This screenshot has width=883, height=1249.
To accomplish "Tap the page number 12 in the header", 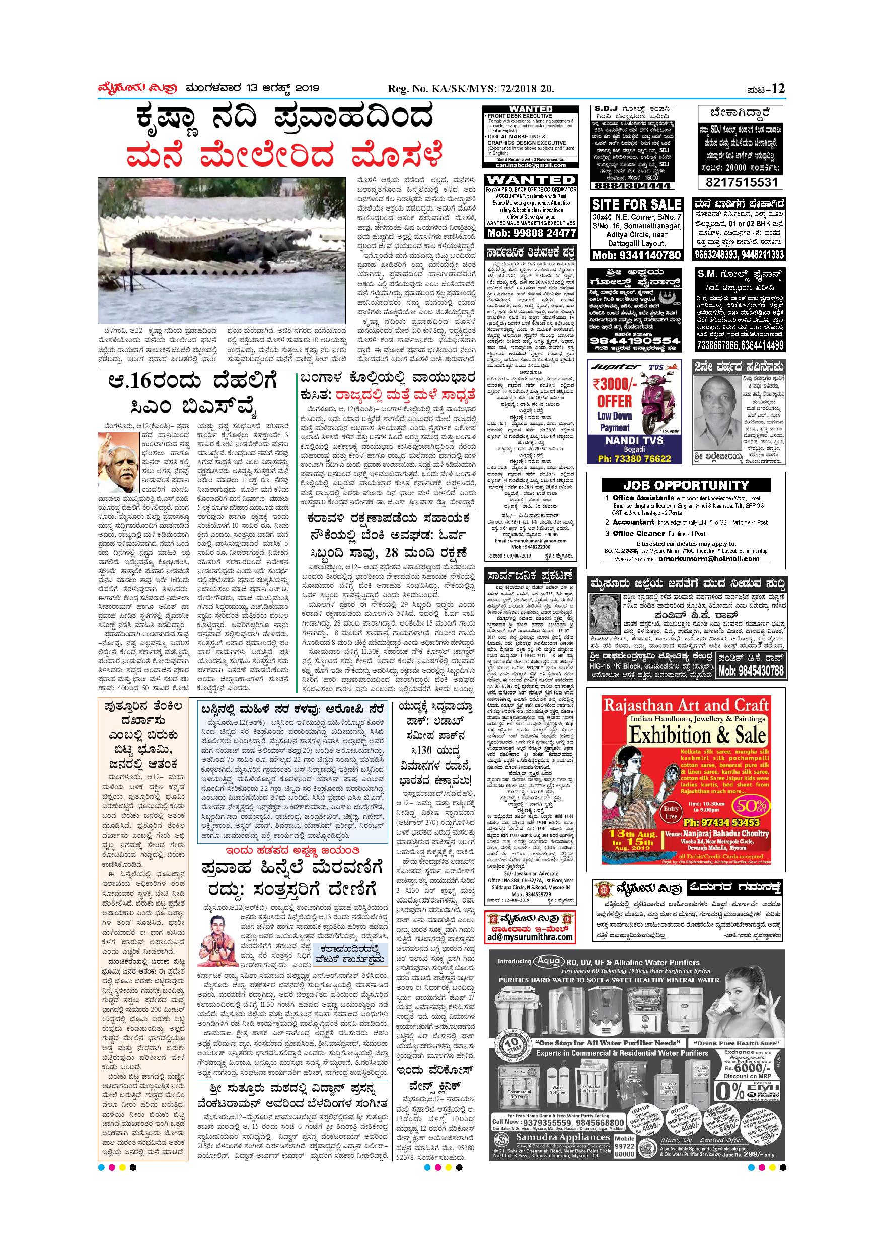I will (778, 89).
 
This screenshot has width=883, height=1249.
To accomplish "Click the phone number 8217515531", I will (741, 182).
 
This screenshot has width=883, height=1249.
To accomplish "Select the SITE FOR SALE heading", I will (636, 204).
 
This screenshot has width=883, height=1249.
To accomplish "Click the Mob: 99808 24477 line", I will (530, 233).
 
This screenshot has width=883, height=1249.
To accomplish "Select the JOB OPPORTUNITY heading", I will (686, 485).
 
